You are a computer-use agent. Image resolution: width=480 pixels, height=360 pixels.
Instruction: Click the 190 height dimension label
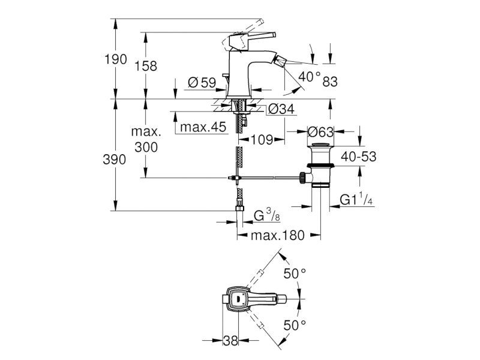(x=116, y=59)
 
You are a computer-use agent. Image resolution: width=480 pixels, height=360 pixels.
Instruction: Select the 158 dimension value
(x=146, y=66)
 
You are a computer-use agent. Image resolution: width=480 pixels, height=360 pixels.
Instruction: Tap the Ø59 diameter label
(x=202, y=83)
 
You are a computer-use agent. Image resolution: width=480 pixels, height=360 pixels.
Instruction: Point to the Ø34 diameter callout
(x=281, y=109)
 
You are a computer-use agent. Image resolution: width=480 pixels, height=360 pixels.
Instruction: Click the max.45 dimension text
(x=203, y=127)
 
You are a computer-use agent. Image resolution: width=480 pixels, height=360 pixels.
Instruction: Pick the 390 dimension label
(x=115, y=160)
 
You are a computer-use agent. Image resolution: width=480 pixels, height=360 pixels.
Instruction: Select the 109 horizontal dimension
(x=262, y=140)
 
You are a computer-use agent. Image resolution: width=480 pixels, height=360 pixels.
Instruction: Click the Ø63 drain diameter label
(x=320, y=132)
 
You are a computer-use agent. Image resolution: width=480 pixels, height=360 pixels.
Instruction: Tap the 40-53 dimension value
(x=358, y=157)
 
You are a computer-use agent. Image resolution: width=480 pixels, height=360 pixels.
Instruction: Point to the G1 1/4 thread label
(x=356, y=199)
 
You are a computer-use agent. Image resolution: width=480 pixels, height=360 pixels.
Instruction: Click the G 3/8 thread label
(x=267, y=215)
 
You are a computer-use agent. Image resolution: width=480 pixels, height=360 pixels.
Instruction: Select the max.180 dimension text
(x=278, y=235)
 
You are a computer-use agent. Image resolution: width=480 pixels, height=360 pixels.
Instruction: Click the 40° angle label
(x=310, y=77)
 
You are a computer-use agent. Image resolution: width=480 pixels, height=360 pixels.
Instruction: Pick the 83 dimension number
(x=330, y=82)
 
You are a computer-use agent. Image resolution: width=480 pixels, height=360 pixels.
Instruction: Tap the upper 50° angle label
(x=295, y=274)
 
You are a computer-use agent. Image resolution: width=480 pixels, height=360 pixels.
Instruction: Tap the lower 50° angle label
(x=295, y=325)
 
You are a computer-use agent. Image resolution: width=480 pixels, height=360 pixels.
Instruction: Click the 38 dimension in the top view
(x=230, y=340)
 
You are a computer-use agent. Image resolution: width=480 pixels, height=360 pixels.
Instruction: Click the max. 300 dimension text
(x=146, y=139)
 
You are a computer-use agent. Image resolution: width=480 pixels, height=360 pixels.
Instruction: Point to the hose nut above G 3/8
(x=239, y=208)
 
